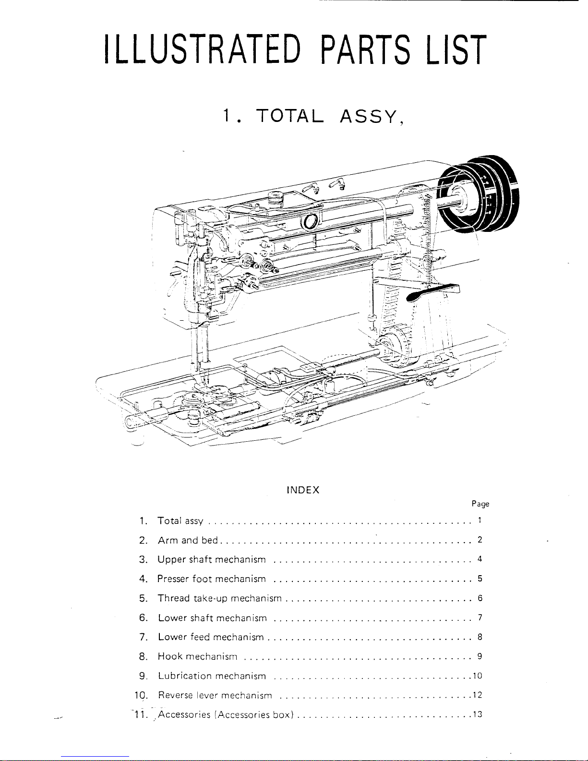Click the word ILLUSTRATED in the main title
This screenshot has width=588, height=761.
pos(203,49)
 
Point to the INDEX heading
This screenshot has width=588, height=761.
pos(303,490)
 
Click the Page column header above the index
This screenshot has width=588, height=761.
pos(480,504)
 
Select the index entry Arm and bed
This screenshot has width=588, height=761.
pos(188,540)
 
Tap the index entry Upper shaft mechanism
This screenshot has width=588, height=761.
pos(212,560)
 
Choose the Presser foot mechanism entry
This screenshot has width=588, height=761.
pos(211,579)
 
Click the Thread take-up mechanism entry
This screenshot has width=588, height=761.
pos(219,598)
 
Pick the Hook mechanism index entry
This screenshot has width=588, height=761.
pos(197,656)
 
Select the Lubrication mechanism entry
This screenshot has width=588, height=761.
pos(212,676)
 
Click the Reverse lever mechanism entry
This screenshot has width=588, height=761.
pos(215,695)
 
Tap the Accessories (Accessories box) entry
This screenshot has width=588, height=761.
pos(226,714)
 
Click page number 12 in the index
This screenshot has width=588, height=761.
pos(478,695)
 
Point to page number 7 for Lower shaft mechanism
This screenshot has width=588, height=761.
pos(480,617)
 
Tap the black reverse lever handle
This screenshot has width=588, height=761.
pos(433,292)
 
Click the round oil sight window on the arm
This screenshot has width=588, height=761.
pos(311,221)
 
